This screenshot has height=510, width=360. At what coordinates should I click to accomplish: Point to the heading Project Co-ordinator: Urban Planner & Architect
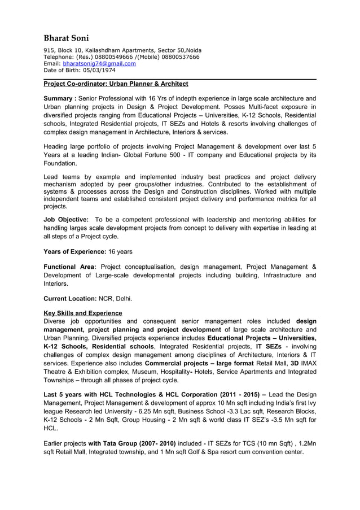tap(116, 84)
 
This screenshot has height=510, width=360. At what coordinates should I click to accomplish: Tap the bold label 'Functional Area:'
tap(70, 267)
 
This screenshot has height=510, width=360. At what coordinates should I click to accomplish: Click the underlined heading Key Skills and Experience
tap(83, 313)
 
